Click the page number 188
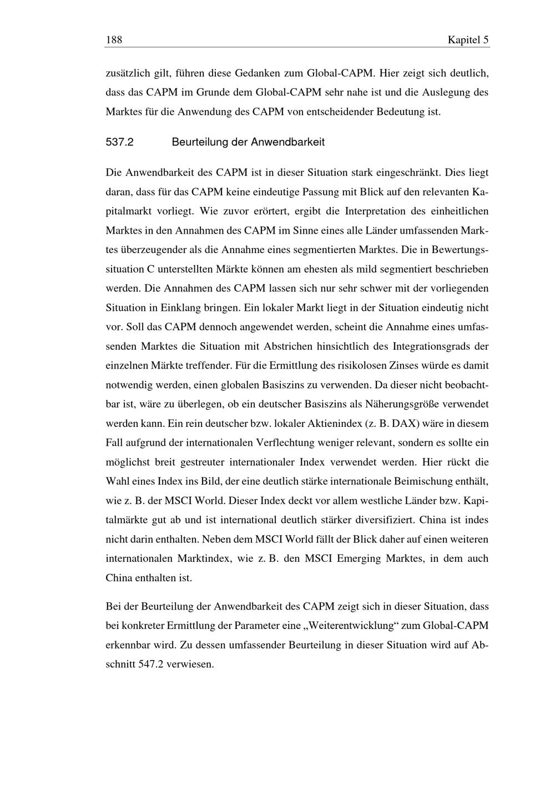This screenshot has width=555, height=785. tap(114, 40)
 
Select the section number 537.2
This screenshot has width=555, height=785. tap(120, 142)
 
